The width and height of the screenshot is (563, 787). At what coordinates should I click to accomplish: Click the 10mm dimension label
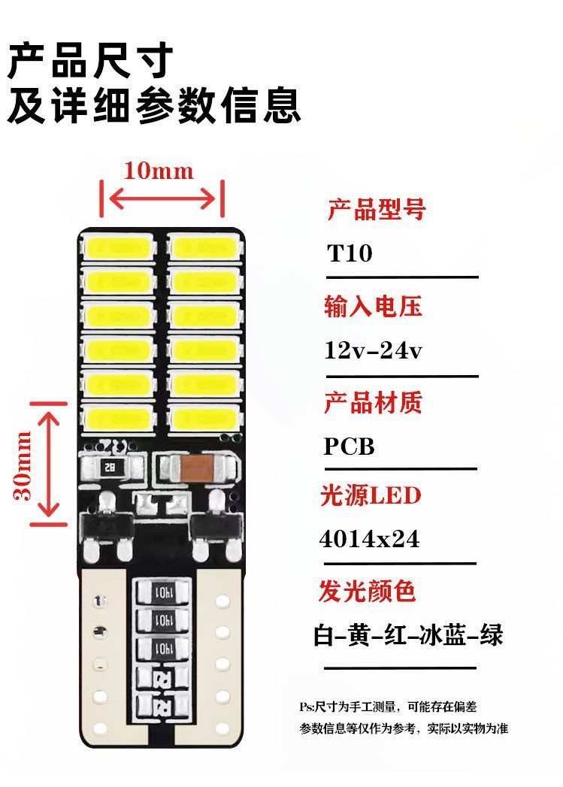pyautogui.click(x=159, y=171)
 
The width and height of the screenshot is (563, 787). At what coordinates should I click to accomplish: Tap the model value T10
pyautogui.click(x=350, y=253)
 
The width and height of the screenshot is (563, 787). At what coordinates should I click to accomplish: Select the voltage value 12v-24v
pyautogui.click(x=374, y=350)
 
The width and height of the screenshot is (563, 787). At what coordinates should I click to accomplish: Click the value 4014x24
pyautogui.click(x=370, y=540)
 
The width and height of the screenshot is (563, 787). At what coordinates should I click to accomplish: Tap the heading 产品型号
pyautogui.click(x=376, y=209)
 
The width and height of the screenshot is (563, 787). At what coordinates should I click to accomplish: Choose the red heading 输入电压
pyautogui.click(x=374, y=306)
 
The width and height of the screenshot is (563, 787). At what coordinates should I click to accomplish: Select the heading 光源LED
pyautogui.click(x=371, y=496)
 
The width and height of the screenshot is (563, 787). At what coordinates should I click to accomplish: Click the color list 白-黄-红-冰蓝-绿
pyautogui.click(x=408, y=636)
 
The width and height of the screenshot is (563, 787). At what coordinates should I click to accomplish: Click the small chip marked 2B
pyautogui.click(x=111, y=468)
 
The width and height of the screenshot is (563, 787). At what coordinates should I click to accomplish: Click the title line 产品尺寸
pyautogui.click(x=91, y=62)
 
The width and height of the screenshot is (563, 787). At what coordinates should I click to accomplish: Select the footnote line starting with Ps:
pyautogui.click(x=388, y=707)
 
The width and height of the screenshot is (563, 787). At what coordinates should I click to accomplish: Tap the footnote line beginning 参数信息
pyautogui.click(x=404, y=729)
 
